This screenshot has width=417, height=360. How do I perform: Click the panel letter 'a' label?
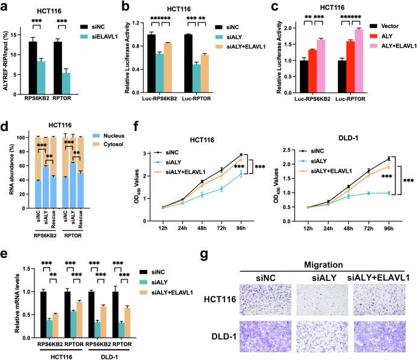coord(5,7)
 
